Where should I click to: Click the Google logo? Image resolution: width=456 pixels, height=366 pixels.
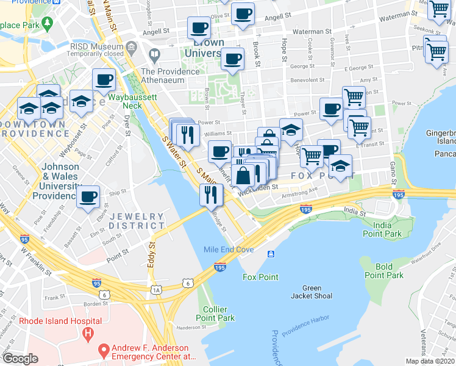[20, 358]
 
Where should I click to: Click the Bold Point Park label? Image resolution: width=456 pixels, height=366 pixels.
[384, 271]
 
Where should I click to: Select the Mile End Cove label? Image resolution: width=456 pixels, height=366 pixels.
[228, 249]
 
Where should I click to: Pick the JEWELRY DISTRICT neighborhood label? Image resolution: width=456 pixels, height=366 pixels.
[137, 221]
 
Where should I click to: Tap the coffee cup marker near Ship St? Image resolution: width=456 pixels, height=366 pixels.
[89, 196]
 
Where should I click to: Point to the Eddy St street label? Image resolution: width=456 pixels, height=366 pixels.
[152, 255]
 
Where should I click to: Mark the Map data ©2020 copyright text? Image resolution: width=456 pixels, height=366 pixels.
[430, 361]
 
